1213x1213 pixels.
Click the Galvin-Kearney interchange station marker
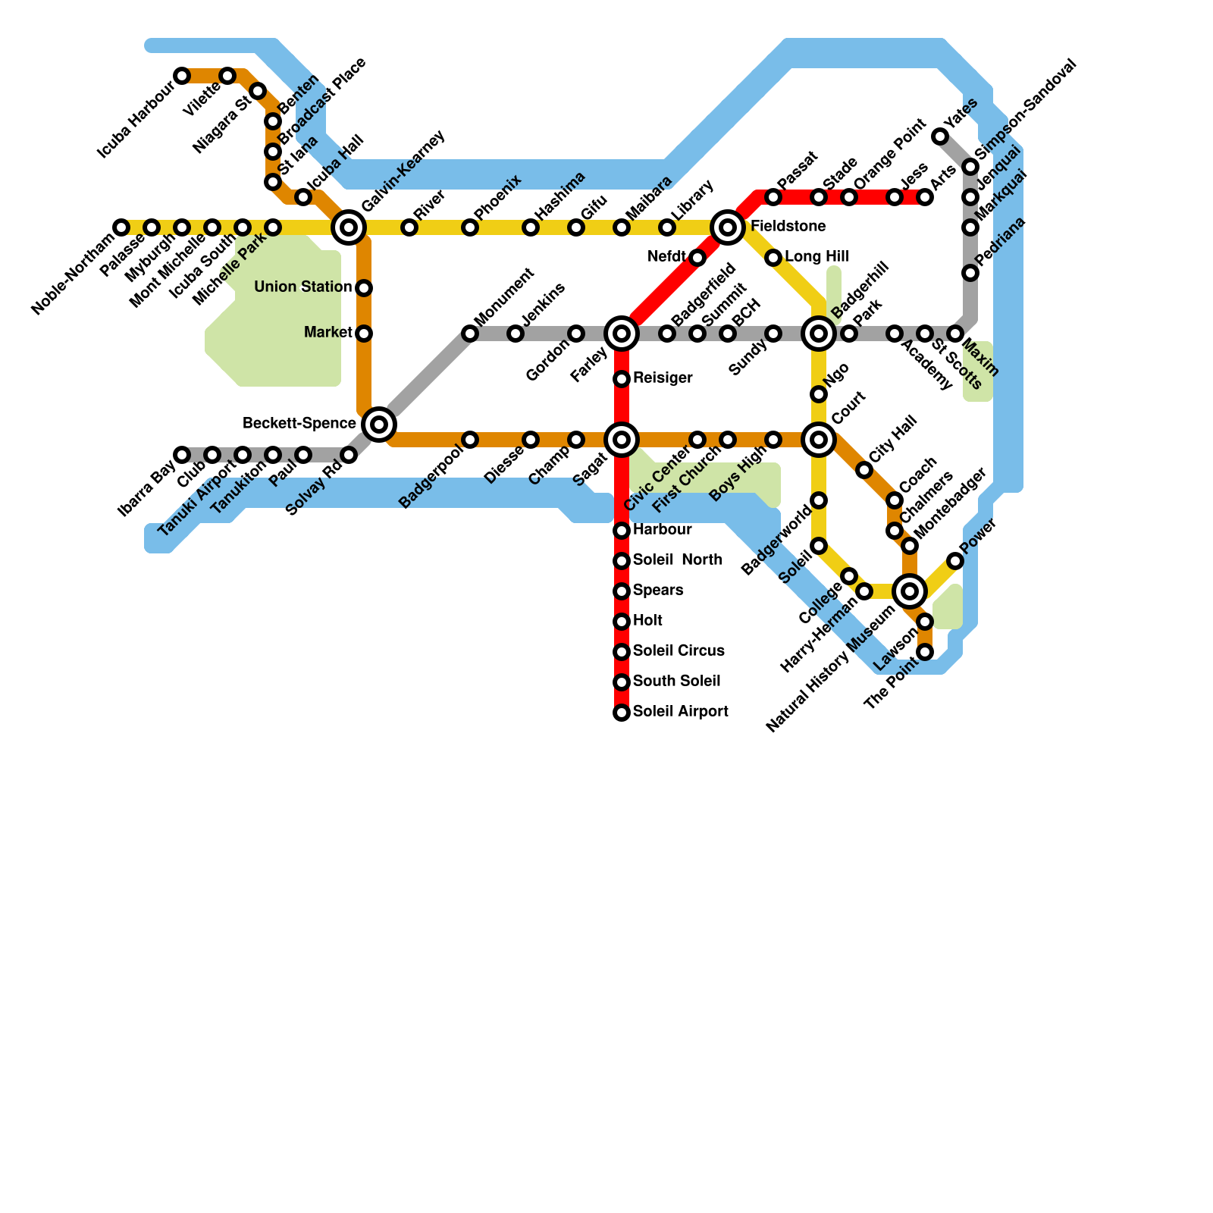click(x=349, y=227)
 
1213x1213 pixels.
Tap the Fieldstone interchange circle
click(x=728, y=227)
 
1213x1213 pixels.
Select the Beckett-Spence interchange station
click(x=379, y=424)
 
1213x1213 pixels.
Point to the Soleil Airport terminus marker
click(x=622, y=713)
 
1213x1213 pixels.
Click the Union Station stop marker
click(x=364, y=288)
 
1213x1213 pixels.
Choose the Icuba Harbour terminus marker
click(x=182, y=76)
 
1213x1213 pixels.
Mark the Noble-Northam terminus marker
click(x=121, y=227)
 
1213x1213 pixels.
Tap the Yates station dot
click(x=940, y=136)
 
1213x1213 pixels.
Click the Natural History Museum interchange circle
click(x=910, y=591)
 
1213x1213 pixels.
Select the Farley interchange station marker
click(x=622, y=333)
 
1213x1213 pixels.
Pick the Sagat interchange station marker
click(x=622, y=439)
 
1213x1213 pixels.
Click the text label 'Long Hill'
click(x=817, y=257)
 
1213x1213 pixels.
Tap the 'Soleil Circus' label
click(x=679, y=651)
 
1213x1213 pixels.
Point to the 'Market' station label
click(x=328, y=333)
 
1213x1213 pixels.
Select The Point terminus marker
click(x=925, y=652)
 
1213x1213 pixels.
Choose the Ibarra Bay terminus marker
click(x=182, y=455)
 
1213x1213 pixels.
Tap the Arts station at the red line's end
click(x=925, y=198)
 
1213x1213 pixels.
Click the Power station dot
click(x=955, y=561)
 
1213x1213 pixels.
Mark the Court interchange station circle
click(x=819, y=439)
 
